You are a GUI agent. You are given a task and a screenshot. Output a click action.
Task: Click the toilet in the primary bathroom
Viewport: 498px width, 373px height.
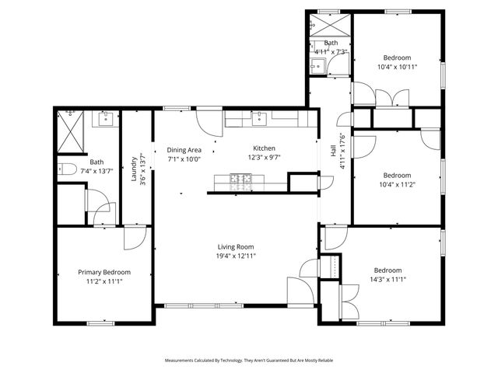coord(66,169)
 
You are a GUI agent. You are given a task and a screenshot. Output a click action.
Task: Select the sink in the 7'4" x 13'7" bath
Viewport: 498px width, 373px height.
coord(104,119)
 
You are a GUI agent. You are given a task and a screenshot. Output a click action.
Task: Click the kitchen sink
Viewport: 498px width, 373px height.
coord(257,119)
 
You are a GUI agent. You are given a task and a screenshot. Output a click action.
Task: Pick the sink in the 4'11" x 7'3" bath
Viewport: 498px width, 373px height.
coord(319,65)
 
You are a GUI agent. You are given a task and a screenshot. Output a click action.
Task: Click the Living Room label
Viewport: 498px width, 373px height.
coord(236,246)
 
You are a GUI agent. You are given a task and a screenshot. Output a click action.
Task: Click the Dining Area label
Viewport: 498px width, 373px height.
coord(184,150)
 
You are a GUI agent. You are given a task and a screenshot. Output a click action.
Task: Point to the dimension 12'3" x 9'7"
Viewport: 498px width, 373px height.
coord(264,158)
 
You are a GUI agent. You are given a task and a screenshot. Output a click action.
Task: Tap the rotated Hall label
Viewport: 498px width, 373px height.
coord(333,151)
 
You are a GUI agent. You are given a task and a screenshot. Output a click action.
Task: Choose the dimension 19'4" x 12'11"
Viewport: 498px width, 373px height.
coord(236,256)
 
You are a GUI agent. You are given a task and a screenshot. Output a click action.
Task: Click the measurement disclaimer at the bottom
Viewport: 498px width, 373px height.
coord(249,361)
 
